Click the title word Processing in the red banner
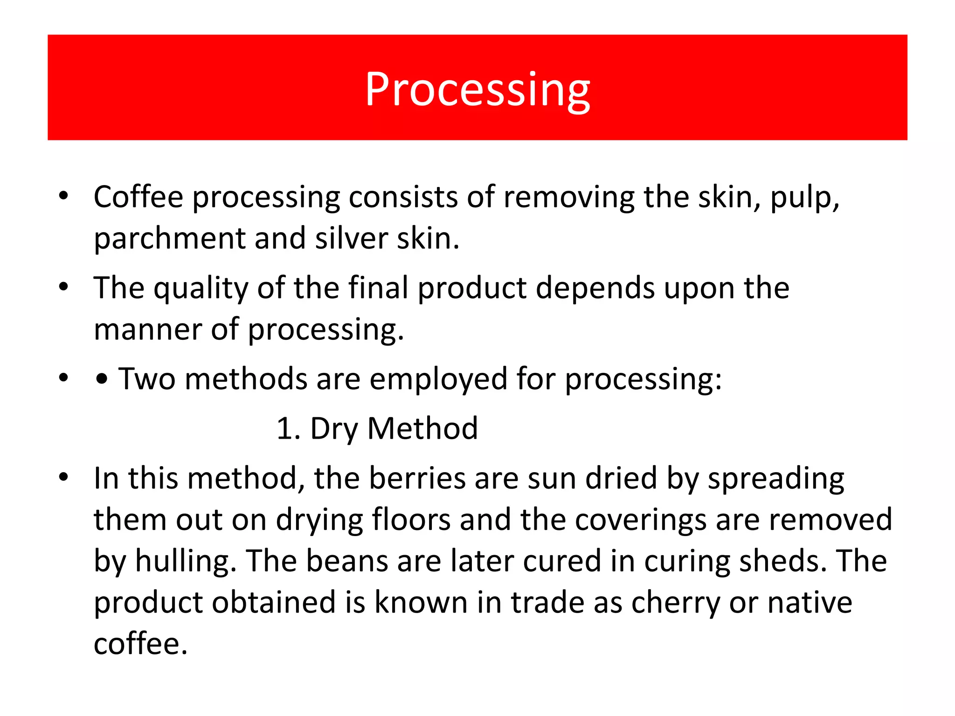(477, 89)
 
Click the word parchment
(170, 239)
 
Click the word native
(810, 602)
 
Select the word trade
(547, 602)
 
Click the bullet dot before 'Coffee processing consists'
(64, 196)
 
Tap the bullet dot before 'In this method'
(64, 477)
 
